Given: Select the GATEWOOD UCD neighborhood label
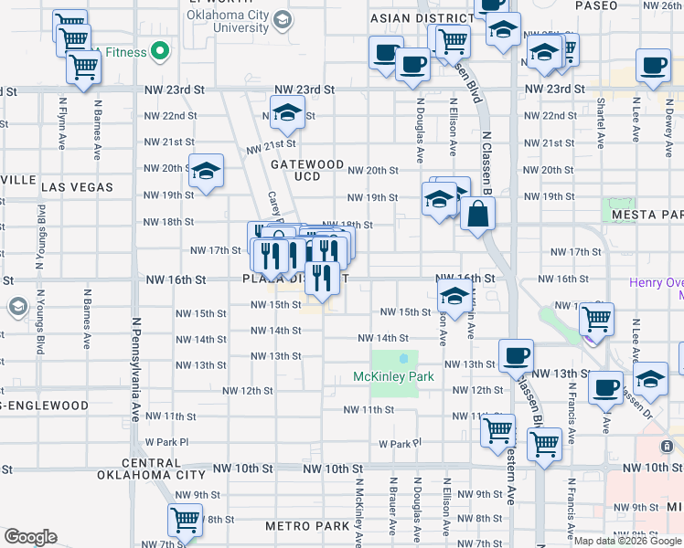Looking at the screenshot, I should pos(307,170).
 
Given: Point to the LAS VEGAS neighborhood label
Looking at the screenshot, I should pos(77,186).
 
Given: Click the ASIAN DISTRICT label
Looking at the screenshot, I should pos(421,18).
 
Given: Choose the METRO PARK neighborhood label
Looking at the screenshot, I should pos(307,526).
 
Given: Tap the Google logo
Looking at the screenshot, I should pos(30,537).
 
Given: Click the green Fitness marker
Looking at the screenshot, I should pos(162,52).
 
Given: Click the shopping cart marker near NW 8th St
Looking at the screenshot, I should pos(185,520).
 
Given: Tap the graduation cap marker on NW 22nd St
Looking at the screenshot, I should pos(287,112).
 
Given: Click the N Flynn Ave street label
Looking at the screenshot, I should pos(63,124).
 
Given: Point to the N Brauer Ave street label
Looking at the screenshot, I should pos(391,505).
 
